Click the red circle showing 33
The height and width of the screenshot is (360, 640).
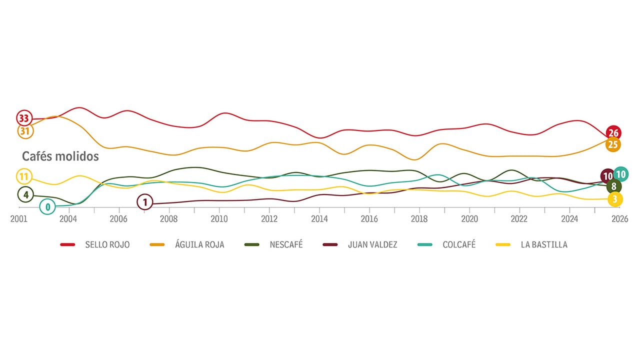tap(23, 118)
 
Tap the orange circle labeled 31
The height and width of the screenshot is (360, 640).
tap(24, 131)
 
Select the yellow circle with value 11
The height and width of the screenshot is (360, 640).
tap(24, 176)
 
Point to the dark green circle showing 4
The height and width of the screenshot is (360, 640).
tap(25, 194)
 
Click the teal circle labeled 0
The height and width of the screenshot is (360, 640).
tap(47, 206)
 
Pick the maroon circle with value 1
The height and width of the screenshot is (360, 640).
tap(144, 202)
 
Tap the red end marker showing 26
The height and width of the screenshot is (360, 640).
tap(613, 133)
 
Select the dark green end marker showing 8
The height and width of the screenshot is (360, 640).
tap(613, 186)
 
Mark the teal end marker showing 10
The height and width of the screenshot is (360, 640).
tap(621, 174)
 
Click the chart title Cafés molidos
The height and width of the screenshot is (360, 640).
tap(60, 156)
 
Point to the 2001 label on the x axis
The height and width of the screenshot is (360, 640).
tap(18, 219)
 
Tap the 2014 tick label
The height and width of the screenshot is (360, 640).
tap(319, 219)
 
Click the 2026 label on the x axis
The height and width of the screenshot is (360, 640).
tap(619, 219)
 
